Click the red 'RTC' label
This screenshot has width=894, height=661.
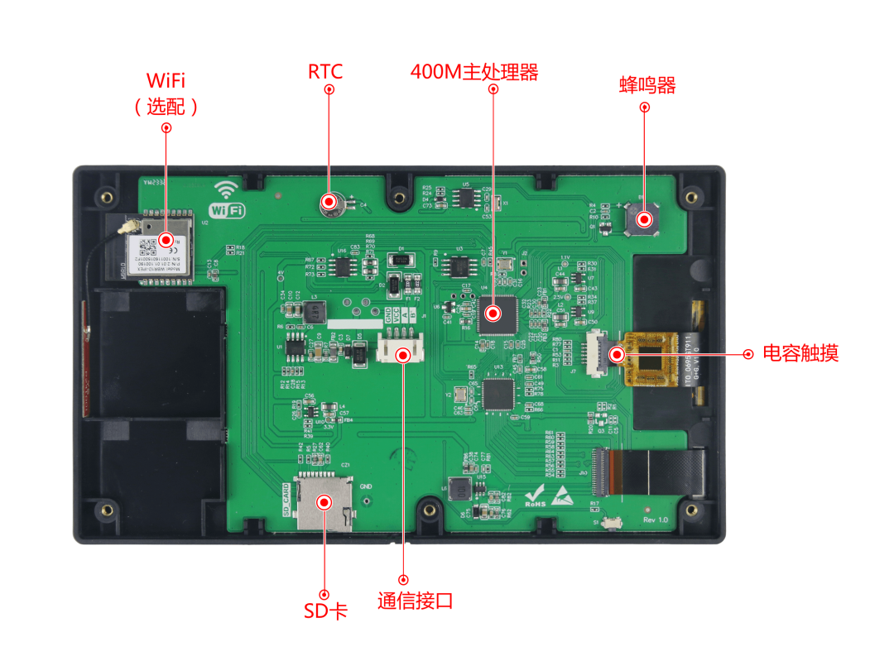point(325,72)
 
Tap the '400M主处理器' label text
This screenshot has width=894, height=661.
point(474,72)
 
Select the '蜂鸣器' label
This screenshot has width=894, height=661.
point(647,85)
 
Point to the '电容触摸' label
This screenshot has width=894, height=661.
point(800,353)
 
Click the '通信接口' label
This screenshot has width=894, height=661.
point(416,601)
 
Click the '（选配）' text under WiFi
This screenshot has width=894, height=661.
point(166,106)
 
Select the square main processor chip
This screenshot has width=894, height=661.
point(494,314)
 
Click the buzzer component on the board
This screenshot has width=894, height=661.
point(643,220)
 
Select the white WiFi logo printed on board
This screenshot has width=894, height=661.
point(228,201)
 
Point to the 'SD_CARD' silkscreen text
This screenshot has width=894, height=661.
point(287,499)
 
